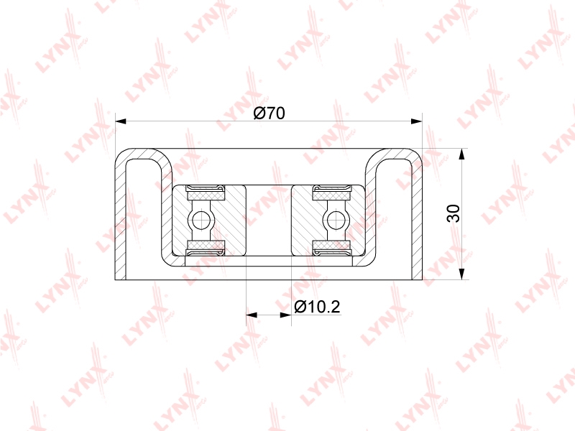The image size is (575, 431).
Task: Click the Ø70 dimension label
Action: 269,113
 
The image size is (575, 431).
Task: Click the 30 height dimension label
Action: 454,213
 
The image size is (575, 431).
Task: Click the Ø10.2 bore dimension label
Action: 317,307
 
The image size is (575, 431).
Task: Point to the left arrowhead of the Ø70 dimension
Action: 121,121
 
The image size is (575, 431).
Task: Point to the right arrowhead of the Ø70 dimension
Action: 417,121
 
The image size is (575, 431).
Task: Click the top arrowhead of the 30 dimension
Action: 461,154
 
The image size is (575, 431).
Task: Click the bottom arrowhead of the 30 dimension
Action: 461,274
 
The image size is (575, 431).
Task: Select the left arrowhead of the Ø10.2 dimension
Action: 252,315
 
